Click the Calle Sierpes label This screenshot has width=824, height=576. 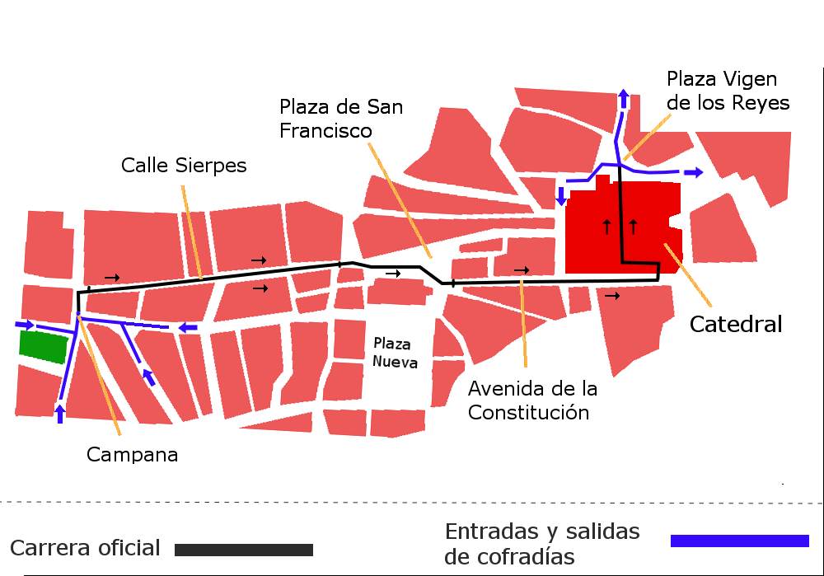pos(184,165)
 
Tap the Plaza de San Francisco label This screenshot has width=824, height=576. pos(341,119)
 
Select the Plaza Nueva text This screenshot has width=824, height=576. pos(395,353)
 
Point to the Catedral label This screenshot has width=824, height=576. pos(736,325)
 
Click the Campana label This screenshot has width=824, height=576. pos(133,454)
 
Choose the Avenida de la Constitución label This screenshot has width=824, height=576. pos(533,400)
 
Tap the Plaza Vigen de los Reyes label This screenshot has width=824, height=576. pos(728,91)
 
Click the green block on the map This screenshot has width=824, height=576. pos(43,347)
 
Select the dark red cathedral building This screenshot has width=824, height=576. pos(623,227)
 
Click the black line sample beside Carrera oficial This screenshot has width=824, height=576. pos(244,550)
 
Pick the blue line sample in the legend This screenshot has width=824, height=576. pos(739,541)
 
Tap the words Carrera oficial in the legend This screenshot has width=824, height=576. pos(86,548)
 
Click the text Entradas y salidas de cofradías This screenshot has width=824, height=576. pos(541,544)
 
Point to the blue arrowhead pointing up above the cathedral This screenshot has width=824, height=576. pos(623,99)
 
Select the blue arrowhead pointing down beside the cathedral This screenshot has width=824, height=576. pos(561,196)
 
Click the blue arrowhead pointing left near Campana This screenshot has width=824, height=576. pos(188,328)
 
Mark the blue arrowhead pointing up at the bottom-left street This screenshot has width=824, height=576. pos(59,412)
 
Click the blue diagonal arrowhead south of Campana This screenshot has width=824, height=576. pos(148,377)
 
